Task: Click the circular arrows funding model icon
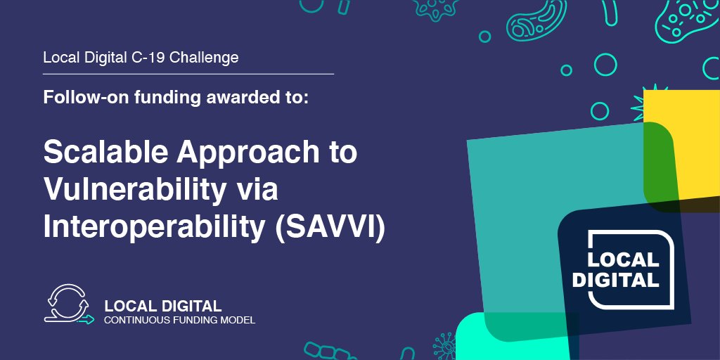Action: [x=67, y=304]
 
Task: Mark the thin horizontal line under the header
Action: [x=188, y=73]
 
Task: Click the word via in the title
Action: [x=257, y=191]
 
